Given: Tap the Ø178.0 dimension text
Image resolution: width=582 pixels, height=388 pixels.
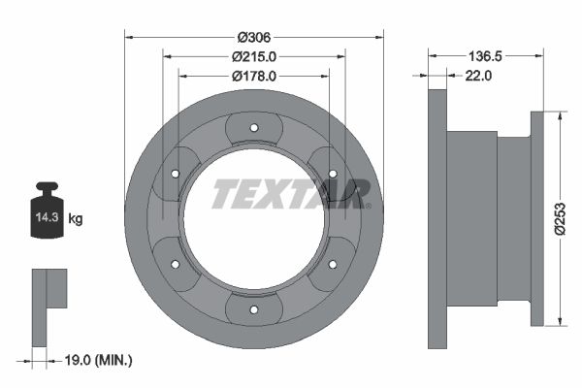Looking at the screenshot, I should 254,75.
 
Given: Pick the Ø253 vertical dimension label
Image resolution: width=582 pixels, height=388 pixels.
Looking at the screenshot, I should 561,218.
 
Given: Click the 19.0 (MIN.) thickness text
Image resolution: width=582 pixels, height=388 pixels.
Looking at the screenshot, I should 95,360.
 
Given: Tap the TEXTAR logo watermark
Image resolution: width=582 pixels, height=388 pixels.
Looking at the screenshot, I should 291,193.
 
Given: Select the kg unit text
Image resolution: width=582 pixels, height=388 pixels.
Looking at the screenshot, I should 76,220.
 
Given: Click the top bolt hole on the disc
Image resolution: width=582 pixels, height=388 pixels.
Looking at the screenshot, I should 254,127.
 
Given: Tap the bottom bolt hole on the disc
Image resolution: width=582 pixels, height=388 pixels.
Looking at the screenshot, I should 254,310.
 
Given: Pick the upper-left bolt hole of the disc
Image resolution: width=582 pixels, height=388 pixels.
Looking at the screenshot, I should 175,173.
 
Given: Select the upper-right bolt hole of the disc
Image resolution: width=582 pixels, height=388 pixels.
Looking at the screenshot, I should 333,173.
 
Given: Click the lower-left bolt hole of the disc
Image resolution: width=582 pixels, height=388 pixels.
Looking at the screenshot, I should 175,264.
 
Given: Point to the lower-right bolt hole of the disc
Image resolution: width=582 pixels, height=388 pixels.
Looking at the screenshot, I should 333,264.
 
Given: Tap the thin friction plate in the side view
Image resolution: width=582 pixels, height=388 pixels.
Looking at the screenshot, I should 437,219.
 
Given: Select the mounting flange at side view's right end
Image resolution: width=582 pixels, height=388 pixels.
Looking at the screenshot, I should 538,219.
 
